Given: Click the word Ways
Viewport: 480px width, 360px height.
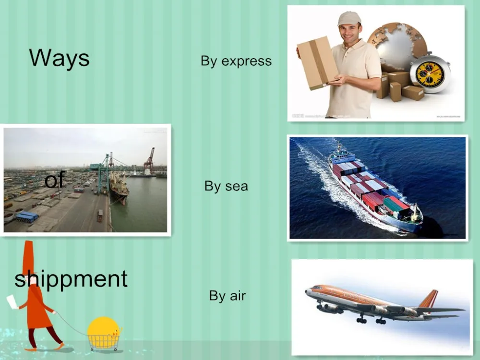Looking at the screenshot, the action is (x=60, y=58).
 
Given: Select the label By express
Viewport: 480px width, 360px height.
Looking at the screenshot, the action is (x=236, y=61).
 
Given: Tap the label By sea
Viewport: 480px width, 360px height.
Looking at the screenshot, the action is (x=226, y=186).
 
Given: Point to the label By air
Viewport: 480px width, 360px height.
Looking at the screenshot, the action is (x=227, y=296).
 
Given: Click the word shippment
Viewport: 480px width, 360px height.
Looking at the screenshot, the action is (x=71, y=279).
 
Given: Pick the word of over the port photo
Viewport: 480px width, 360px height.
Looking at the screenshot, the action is (x=55, y=180).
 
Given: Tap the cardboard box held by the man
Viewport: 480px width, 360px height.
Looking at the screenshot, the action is (x=318, y=63).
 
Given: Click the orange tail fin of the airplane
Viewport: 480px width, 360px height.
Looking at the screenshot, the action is (x=428, y=299).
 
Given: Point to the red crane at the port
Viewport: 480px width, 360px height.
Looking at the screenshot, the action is (x=150, y=159).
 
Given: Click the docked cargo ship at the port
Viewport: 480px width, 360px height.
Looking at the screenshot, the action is (x=119, y=187).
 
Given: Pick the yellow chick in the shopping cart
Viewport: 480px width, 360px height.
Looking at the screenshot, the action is (x=104, y=329).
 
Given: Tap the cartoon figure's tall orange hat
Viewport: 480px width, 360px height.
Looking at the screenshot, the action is (x=28, y=258).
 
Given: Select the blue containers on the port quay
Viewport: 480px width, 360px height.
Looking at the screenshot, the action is (x=27, y=216).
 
